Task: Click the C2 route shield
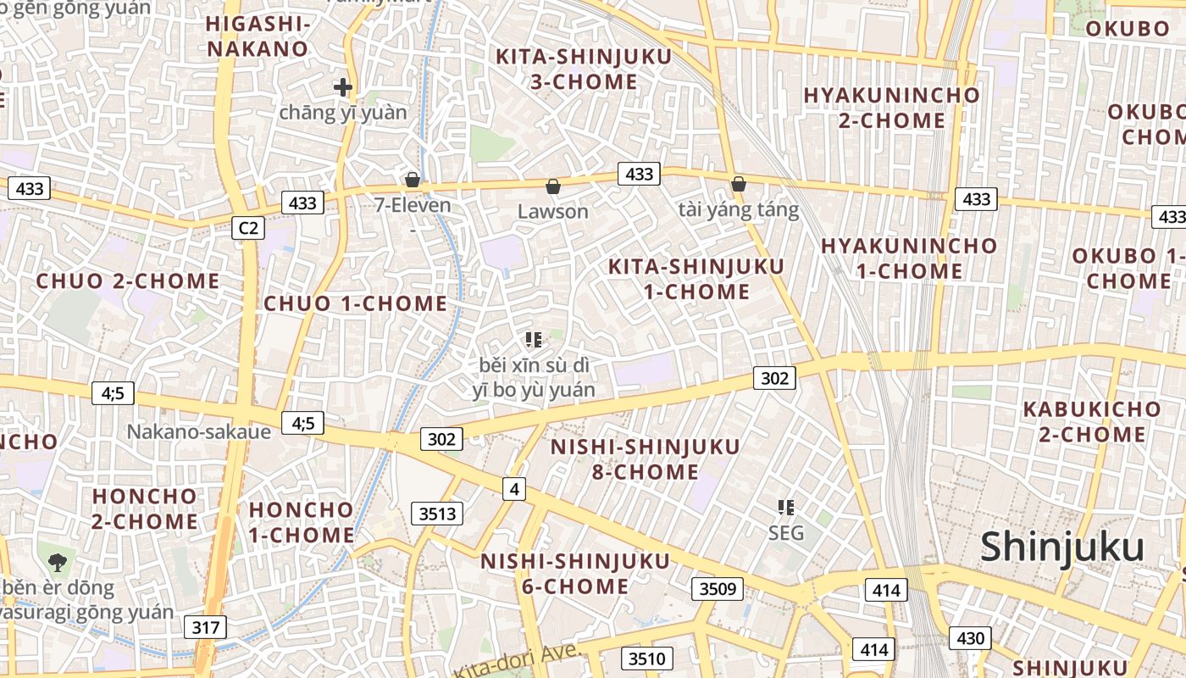pos(248,227)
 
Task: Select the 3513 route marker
pos(438,513)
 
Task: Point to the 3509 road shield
pos(718,589)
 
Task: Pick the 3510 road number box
pos(648,659)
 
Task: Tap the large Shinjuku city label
pos(1062,547)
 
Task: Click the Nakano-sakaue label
pos(199,431)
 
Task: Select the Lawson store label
pos(552,211)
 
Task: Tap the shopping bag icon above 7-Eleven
pos(413,180)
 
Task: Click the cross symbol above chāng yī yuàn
pos(343,86)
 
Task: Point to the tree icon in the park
pos(58,560)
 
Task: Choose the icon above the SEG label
pos(786,508)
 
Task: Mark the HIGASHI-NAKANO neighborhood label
pos(258,36)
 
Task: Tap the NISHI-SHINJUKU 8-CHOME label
pos(646,458)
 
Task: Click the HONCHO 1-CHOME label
pos(302,522)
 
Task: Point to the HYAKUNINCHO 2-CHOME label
pos(892,108)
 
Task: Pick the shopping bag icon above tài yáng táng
pos(739,184)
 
